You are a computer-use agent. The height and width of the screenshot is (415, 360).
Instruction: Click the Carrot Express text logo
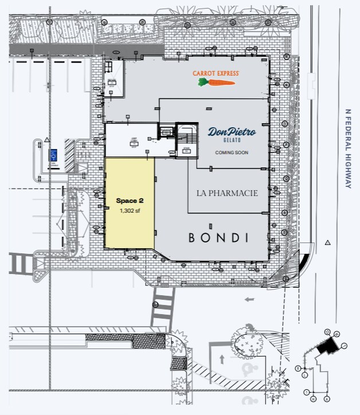[215, 74]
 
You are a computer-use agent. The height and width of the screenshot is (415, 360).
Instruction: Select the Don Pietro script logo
[232, 132]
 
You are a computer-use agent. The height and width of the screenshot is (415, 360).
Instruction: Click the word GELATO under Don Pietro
[232, 141]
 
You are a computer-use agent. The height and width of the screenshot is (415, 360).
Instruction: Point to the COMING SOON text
[232, 152]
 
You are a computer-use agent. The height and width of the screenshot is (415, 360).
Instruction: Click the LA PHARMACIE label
[228, 193]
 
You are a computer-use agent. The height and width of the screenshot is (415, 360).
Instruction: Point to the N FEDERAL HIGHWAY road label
[347, 148]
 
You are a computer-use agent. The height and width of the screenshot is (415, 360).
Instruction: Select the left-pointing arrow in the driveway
[249, 299]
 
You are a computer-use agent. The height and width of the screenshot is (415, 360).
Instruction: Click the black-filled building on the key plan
[327, 345]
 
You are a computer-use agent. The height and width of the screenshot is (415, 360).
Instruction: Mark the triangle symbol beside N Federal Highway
[327, 243]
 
